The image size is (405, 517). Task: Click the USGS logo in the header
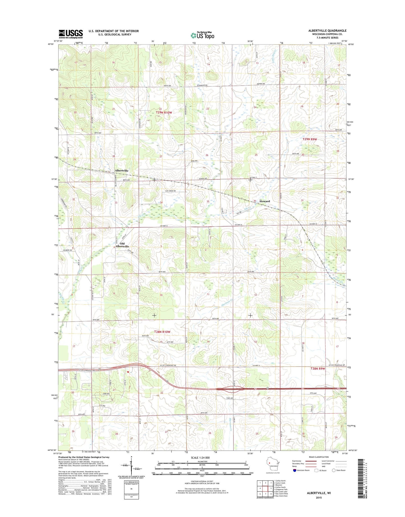71,34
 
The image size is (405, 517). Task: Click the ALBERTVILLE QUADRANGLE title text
327,31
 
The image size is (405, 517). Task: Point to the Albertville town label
121,171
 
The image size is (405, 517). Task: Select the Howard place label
264,201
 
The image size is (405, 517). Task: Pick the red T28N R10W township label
162,332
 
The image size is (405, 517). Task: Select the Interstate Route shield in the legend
295,470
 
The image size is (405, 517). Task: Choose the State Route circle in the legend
334,470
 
